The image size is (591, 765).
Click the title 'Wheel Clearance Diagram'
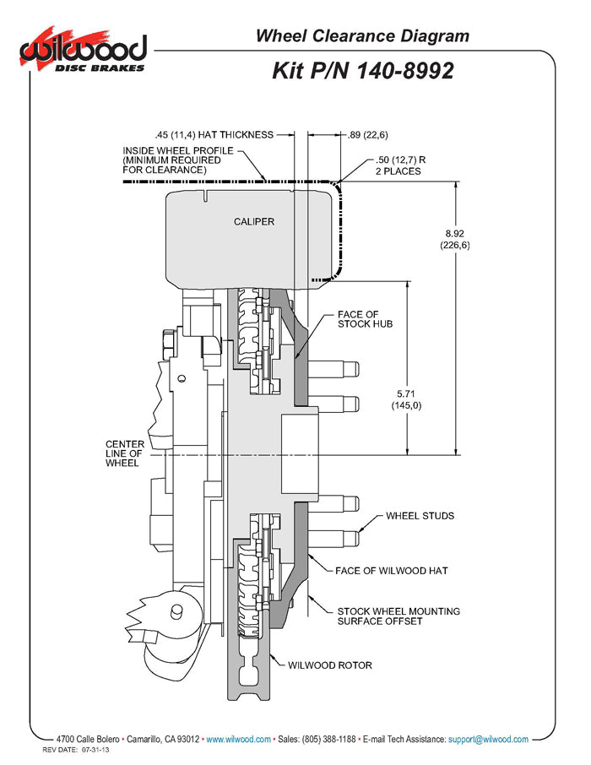pos(362,35)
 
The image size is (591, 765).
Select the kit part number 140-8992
pos(363,70)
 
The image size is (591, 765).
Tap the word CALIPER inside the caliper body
pos(254,221)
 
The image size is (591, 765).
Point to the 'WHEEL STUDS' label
pos(420,515)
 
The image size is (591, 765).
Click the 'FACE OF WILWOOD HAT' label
pos(391,570)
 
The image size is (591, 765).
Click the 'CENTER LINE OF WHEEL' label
pos(122,453)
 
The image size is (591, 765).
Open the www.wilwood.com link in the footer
pos(238,739)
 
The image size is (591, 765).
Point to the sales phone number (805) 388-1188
pos(328,739)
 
